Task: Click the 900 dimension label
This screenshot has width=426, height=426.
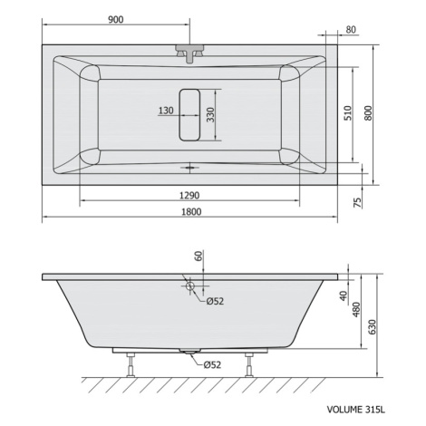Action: pyautogui.click(x=116, y=20)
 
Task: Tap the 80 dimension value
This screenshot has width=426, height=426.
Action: pyautogui.click(x=351, y=30)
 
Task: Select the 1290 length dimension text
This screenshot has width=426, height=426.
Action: pyautogui.click(x=189, y=196)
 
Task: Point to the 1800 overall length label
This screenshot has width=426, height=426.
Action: pyautogui.click(x=191, y=212)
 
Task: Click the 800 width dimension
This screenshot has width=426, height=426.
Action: pyautogui.click(x=368, y=113)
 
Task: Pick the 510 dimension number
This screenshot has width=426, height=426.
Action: pyautogui.click(x=348, y=113)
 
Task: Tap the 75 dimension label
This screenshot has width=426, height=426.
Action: pyautogui.click(x=357, y=202)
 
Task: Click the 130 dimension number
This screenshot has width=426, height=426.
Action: pyautogui.click(x=166, y=111)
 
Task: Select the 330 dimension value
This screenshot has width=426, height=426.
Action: pyautogui.click(x=210, y=115)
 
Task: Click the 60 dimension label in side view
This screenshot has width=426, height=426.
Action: pyautogui.click(x=198, y=257)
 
